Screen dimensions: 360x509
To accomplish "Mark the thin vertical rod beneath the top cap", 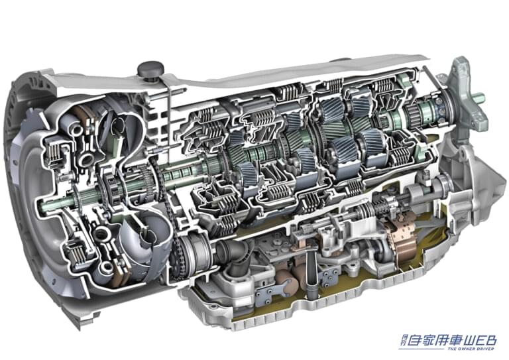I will coord(169,106).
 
